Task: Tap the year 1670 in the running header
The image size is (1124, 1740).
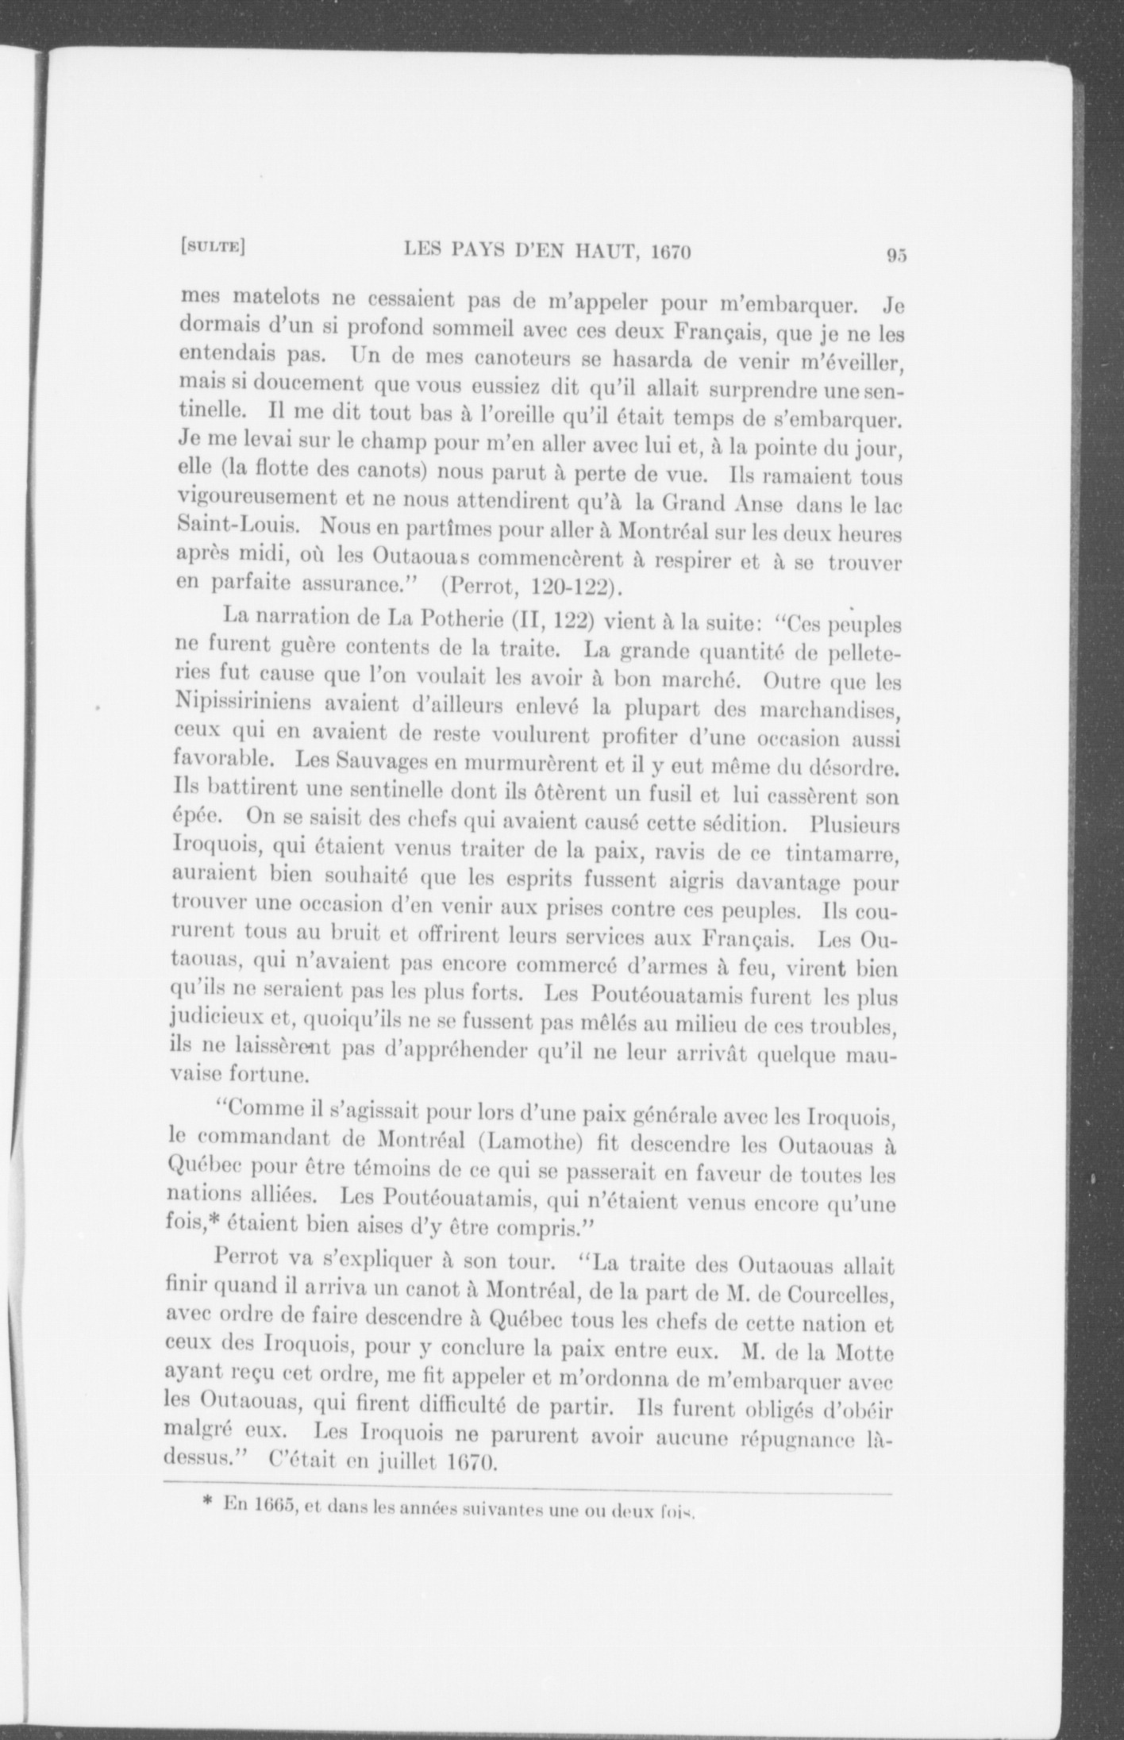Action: tap(671, 252)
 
